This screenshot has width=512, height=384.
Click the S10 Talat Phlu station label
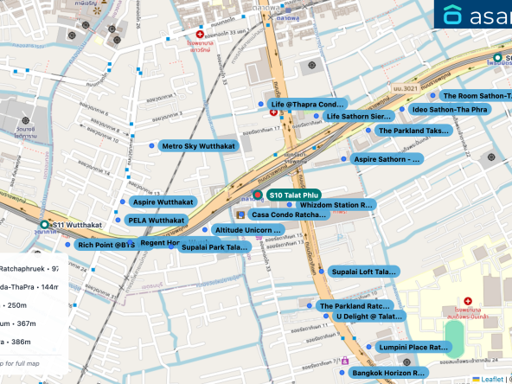coord(295,195)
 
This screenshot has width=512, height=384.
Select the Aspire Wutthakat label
coord(163,202)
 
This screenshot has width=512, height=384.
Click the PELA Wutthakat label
coord(156,221)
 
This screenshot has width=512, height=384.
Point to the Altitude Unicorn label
coord(248,230)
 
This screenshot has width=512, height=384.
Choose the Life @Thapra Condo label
coord(307,105)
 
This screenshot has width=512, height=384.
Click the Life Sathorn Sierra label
coord(358,116)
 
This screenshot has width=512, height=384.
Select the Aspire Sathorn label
coord(387,159)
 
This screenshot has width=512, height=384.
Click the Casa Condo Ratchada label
coord(288,214)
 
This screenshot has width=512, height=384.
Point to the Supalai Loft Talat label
coord(365,272)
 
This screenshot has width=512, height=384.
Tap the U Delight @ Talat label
coord(367,317)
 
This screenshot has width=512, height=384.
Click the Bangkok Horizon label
coord(389,373)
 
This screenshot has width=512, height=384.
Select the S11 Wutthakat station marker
coord(44,225)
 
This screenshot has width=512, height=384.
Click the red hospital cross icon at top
coord(201,33)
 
